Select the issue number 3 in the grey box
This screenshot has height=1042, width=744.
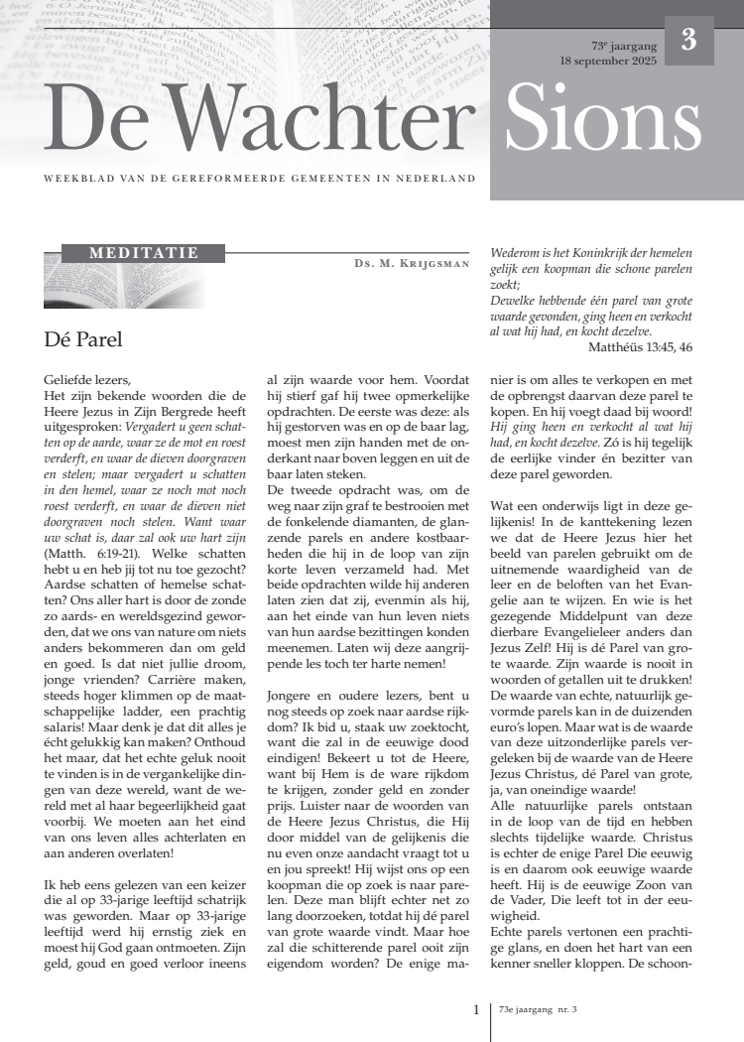pyautogui.click(x=688, y=41)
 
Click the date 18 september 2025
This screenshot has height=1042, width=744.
pyautogui.click(x=608, y=61)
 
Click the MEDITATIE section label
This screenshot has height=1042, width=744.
pyautogui.click(x=144, y=253)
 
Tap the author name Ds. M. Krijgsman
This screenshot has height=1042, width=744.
pyautogui.click(x=411, y=264)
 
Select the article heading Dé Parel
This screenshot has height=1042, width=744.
pyautogui.click(x=83, y=339)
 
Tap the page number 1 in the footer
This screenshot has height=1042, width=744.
pyautogui.click(x=476, y=1010)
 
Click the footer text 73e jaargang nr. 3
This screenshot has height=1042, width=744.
pyautogui.click(x=539, y=1010)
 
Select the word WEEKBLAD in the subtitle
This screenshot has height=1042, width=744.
pyautogui.click(x=70, y=179)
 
